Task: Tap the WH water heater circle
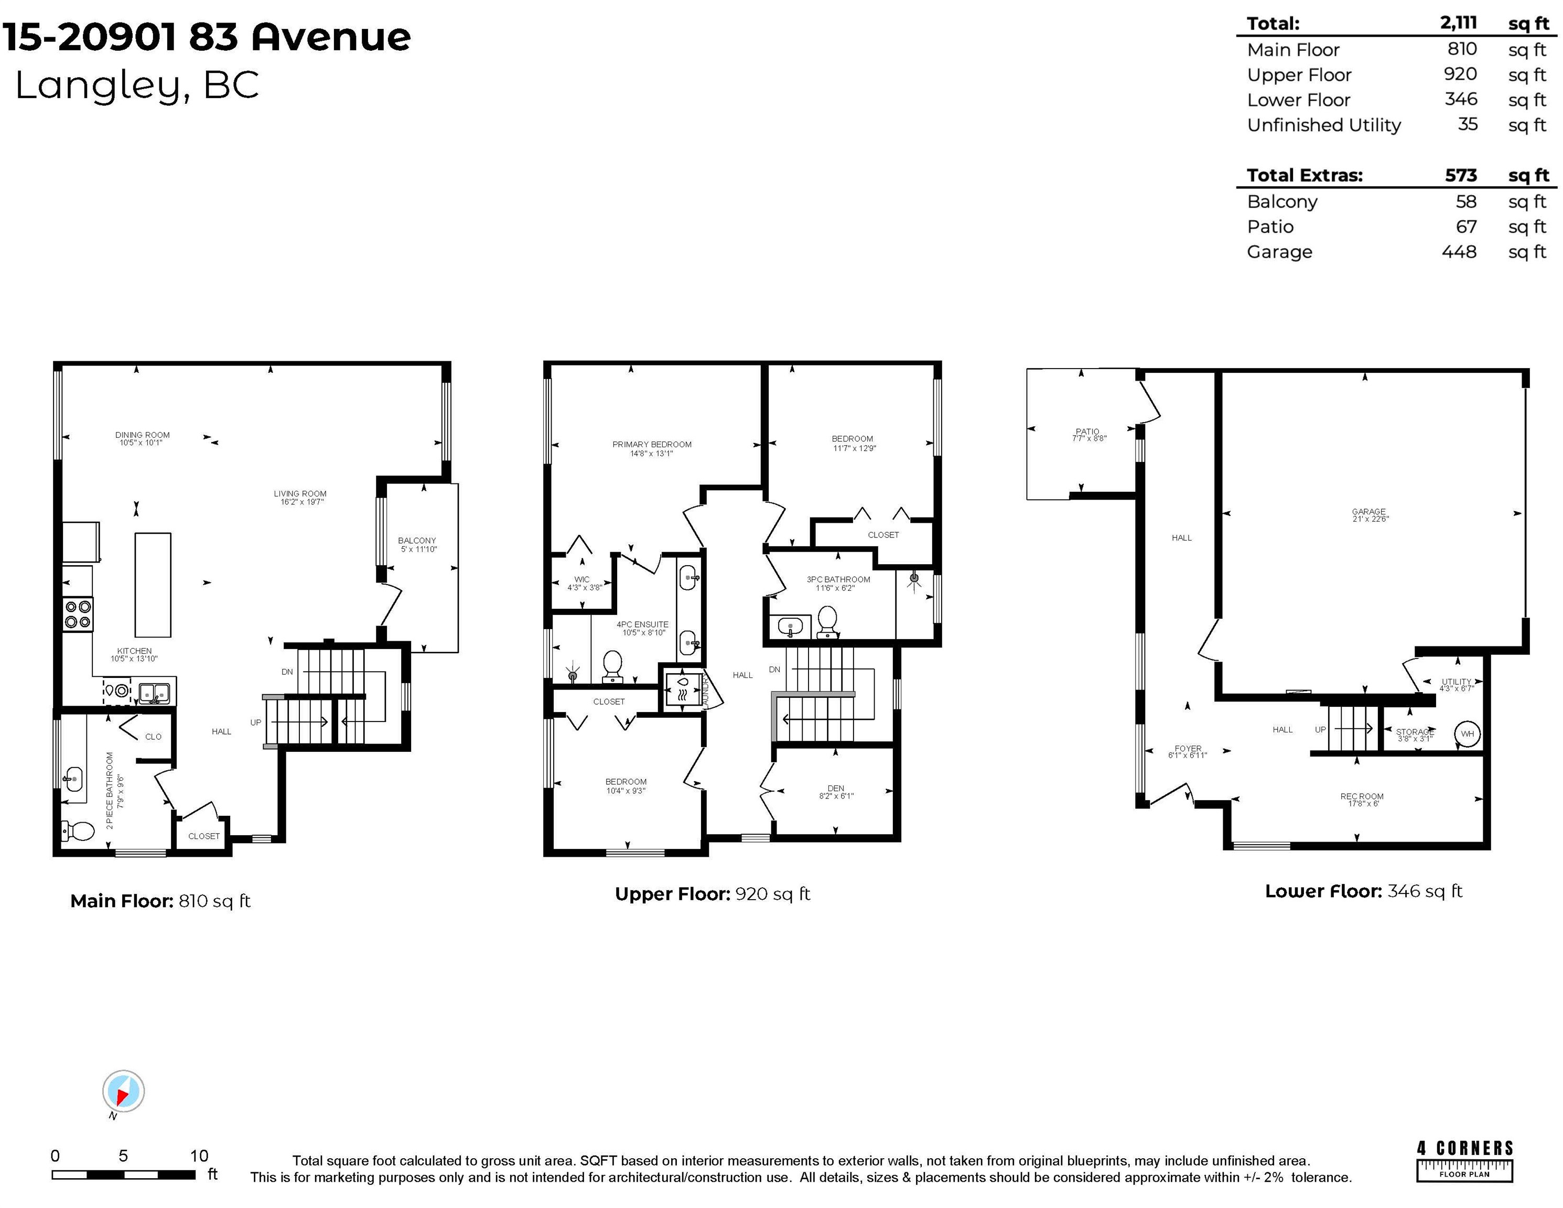click(1467, 734)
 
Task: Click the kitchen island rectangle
click(153, 585)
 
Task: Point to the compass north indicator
click(123, 1092)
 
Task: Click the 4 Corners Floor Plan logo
click(1464, 1160)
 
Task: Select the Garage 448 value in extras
click(1459, 252)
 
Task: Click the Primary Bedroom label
click(651, 445)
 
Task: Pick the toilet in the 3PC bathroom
click(827, 621)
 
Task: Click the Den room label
click(835, 789)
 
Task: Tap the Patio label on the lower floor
click(1087, 432)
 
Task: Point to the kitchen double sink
click(154, 693)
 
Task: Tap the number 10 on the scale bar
click(199, 1155)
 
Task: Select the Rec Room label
click(1361, 796)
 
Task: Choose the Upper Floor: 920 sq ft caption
click(712, 894)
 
